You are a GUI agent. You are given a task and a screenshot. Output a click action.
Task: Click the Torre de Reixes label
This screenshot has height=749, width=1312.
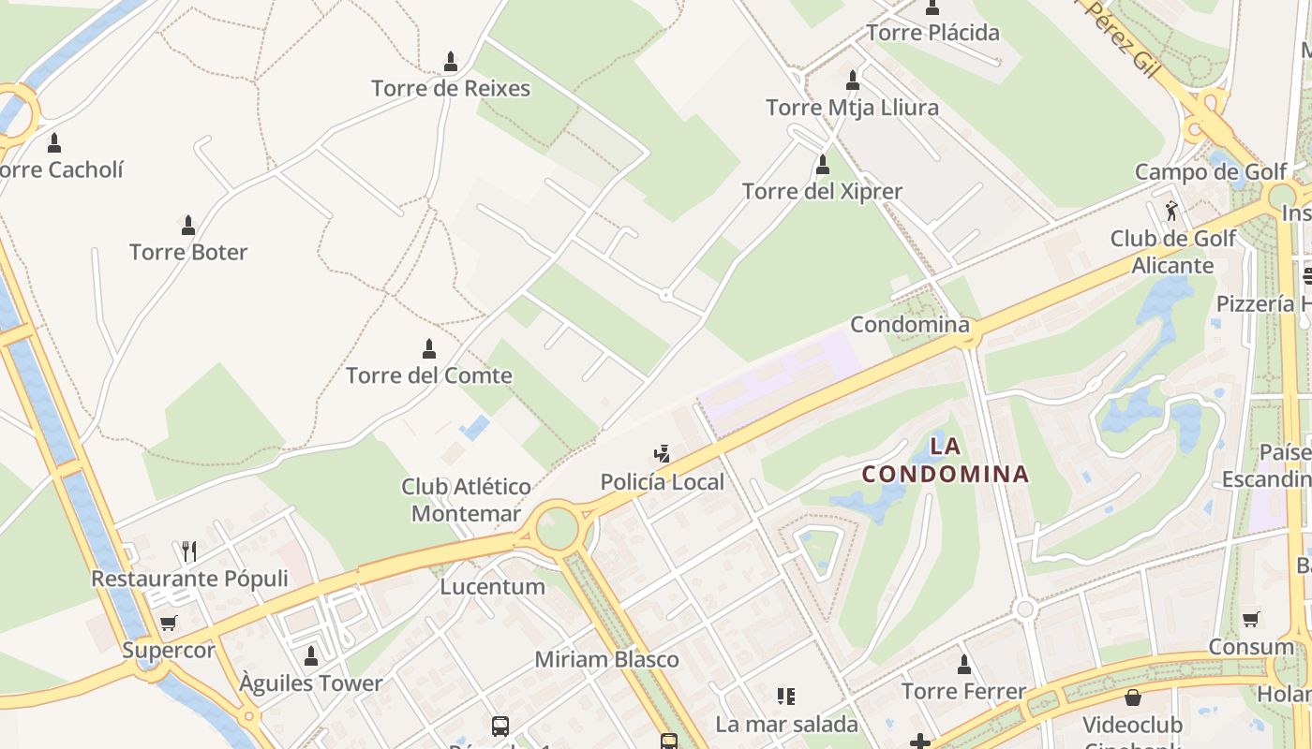[x=451, y=89]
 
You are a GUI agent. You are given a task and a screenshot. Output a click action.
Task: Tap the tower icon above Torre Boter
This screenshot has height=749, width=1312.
[x=188, y=225]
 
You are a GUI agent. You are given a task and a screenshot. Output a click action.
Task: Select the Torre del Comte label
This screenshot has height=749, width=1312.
[x=429, y=375]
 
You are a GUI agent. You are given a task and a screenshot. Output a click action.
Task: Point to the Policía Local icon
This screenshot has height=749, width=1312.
[x=663, y=455]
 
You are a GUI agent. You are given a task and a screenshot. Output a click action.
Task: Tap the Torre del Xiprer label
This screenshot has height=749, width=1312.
[x=822, y=192]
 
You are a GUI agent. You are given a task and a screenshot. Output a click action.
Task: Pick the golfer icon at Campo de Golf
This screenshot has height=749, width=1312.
[x=1171, y=211]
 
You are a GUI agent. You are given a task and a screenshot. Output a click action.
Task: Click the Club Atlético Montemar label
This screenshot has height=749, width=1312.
[x=466, y=500]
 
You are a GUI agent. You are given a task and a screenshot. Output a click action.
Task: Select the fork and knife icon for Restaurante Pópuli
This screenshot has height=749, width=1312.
[x=189, y=551]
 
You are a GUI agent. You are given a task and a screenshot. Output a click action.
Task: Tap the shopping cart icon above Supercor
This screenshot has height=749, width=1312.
[x=169, y=623]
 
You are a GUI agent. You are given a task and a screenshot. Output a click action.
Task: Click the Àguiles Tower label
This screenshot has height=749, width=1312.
[x=311, y=683]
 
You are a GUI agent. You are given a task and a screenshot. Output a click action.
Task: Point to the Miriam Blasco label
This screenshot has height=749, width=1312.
[x=606, y=659]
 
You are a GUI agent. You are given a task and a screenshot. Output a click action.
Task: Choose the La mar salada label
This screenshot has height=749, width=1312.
[x=786, y=724]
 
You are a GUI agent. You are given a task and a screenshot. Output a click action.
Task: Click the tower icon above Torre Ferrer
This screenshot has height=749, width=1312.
[x=964, y=665]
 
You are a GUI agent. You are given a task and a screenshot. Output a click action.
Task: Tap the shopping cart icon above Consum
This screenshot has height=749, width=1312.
[x=1251, y=619]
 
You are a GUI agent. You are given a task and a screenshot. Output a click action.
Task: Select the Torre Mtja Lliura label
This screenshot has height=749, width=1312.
[x=852, y=108]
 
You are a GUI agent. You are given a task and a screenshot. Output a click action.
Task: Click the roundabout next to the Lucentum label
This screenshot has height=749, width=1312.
[x=557, y=527]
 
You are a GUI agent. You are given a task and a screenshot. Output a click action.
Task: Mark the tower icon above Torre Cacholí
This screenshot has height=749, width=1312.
[x=54, y=143]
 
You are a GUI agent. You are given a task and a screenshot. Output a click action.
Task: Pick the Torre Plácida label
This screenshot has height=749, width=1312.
[x=932, y=33]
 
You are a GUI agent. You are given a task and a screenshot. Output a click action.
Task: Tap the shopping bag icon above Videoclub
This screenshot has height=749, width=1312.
[x=1133, y=698]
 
